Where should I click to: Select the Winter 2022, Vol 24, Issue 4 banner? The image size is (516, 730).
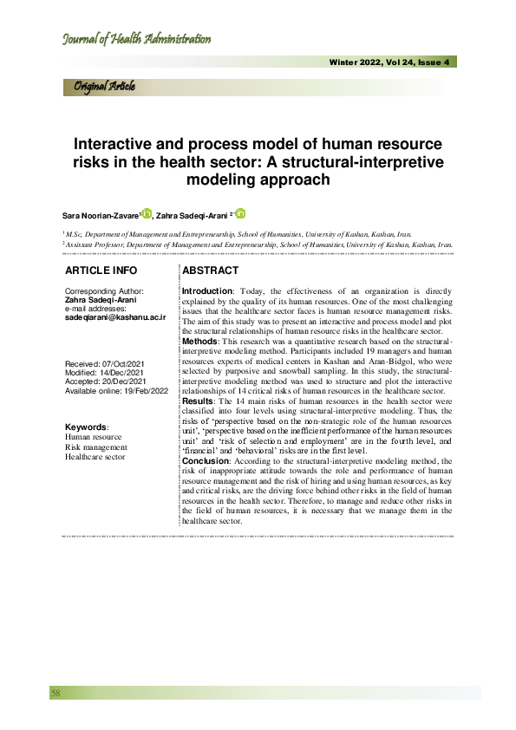[389, 62]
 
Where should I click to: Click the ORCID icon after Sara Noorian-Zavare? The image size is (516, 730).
[147, 213]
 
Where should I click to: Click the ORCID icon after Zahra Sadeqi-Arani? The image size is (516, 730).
[240, 213]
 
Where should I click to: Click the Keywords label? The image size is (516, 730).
[88, 427]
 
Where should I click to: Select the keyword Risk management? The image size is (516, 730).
[96, 446]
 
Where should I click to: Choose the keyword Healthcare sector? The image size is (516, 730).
[96, 456]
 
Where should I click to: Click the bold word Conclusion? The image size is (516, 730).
[206, 462]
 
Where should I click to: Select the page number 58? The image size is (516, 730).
[56, 693]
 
